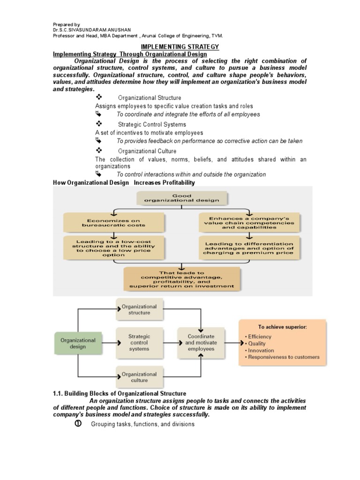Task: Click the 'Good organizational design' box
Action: tap(182, 197)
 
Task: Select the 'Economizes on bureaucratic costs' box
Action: tap(114, 223)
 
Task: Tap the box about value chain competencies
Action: tap(248, 223)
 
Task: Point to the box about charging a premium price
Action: tap(248, 248)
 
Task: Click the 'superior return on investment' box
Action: tap(181, 279)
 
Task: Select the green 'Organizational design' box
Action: tap(78, 344)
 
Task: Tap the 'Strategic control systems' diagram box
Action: tap(139, 343)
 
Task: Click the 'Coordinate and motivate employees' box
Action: tap(201, 343)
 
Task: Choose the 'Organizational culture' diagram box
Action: tap(139, 377)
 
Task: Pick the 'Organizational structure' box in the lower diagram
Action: tap(139, 309)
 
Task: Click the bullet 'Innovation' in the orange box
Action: tap(261, 350)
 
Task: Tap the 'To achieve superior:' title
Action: tap(282, 327)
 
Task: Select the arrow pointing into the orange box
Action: tap(231, 343)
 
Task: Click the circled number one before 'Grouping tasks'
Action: tap(78, 424)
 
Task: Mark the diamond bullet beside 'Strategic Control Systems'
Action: tap(99, 124)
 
